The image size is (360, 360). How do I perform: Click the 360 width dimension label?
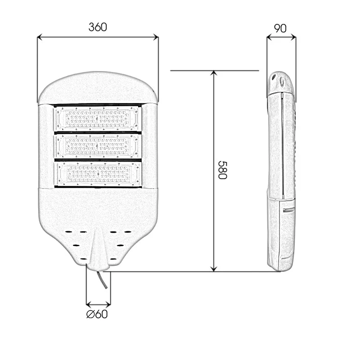(x=98, y=27)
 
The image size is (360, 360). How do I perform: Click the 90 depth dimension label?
(x=280, y=28)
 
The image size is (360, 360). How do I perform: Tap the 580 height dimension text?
(x=221, y=170)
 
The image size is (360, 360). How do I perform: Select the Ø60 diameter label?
(x=97, y=314)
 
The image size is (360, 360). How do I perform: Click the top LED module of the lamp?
(x=98, y=118)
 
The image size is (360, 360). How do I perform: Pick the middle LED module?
(x=98, y=146)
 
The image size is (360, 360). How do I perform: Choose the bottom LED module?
(x=98, y=173)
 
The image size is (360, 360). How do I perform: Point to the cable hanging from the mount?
(x=103, y=280)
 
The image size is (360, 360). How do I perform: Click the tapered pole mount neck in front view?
(x=98, y=250)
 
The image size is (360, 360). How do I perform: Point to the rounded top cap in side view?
(x=280, y=83)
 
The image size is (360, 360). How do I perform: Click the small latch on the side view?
(x=288, y=209)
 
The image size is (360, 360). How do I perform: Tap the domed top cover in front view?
(x=98, y=88)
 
